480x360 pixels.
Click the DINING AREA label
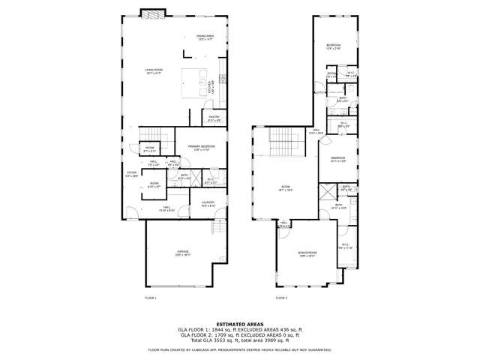tap(205, 37)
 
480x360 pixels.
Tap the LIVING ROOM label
tap(155, 71)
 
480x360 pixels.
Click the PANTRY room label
tap(214, 118)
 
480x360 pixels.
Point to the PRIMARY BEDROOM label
tap(201, 147)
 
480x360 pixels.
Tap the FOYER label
tap(131, 174)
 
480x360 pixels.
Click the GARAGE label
tap(183, 253)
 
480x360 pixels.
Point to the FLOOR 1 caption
tap(150, 298)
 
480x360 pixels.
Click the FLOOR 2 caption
tap(281, 298)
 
